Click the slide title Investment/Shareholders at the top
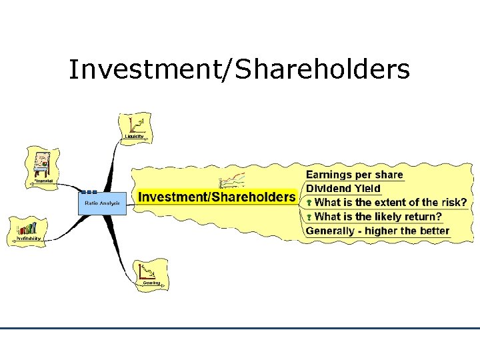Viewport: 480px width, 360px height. (239, 69)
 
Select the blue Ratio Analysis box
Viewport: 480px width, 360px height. (101, 202)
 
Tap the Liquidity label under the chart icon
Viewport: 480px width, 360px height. (134, 136)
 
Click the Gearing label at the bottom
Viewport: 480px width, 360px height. (151, 283)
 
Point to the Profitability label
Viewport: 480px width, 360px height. (27, 238)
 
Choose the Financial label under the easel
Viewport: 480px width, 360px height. (43, 181)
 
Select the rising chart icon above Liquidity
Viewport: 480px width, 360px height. (137, 123)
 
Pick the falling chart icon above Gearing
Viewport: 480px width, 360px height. (148, 271)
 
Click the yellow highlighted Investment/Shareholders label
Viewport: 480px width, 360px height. (216, 197)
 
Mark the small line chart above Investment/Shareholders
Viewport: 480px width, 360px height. (233, 180)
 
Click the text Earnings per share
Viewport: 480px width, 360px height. (354, 175)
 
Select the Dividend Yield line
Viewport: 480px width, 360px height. (343, 189)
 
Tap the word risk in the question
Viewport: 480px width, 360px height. (453, 202)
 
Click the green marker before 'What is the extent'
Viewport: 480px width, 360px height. (309, 203)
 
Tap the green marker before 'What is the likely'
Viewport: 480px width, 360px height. (309, 217)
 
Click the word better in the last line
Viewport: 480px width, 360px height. (433, 231)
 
